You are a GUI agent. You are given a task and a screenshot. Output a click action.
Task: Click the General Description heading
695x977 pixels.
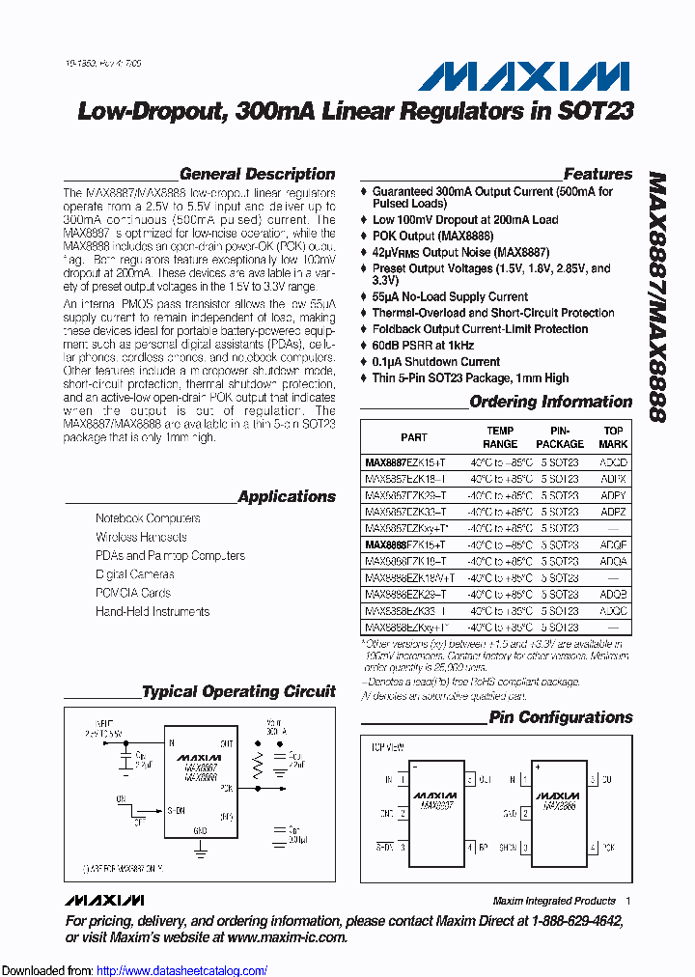pos(257,175)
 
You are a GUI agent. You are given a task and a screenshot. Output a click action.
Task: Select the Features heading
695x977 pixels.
pos(598,175)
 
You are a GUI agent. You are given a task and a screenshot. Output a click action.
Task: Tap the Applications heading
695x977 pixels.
pos(286,497)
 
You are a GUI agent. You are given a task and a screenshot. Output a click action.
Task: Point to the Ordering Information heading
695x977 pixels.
pos(550,402)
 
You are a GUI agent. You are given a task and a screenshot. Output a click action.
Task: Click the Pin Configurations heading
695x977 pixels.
pos(560,717)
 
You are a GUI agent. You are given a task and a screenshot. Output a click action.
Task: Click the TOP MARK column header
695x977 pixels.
pos(614,437)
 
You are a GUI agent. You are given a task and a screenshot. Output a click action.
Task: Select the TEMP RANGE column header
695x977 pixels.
pos(500,437)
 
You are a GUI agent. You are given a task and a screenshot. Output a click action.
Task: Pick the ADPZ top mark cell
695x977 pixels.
pos(614,512)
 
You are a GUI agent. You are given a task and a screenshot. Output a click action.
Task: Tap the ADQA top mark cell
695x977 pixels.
pos(614,561)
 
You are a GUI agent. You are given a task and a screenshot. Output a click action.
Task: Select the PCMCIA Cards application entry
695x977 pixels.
pos(132,593)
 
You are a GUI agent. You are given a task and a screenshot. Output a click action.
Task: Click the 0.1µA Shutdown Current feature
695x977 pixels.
pos(435,362)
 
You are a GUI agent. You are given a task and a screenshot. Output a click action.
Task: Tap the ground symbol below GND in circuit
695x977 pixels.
pos(200,850)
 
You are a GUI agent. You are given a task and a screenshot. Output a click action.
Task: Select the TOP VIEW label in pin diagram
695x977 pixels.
pos(386,746)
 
